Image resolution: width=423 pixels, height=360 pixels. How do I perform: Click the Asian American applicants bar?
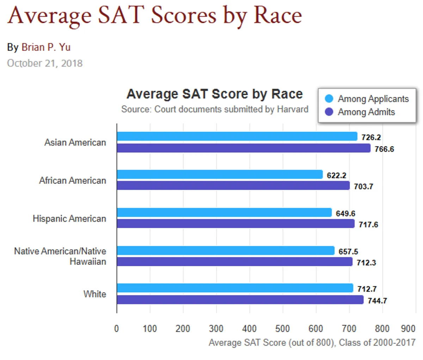[x=237, y=136]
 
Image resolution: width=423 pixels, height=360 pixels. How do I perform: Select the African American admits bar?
[x=233, y=185]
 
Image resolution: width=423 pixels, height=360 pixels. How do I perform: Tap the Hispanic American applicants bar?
[x=224, y=213]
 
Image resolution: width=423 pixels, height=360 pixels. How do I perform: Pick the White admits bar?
[x=240, y=300]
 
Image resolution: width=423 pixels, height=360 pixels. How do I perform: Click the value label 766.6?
[x=384, y=149]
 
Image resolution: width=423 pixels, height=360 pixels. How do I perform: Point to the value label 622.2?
[x=336, y=175]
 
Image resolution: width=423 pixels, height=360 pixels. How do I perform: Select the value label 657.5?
[x=348, y=251]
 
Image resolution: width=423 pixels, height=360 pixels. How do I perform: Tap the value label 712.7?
[x=367, y=289]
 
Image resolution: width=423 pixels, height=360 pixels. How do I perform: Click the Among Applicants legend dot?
[x=329, y=99]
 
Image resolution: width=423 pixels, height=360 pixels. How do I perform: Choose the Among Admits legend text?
[x=366, y=112]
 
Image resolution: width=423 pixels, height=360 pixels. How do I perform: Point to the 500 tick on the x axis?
[x=282, y=329]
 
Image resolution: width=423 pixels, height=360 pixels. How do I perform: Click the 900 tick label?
[x=408, y=329]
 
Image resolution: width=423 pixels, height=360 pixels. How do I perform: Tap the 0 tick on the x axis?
[x=117, y=329]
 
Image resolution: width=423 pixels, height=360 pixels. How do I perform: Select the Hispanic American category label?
[x=69, y=219]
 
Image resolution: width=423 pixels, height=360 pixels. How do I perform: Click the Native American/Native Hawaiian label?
[x=60, y=256]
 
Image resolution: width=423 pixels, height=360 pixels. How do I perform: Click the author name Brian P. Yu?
[x=46, y=47]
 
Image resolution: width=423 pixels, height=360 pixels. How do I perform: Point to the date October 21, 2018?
[x=45, y=63]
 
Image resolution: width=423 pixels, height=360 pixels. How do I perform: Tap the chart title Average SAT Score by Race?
[x=214, y=94]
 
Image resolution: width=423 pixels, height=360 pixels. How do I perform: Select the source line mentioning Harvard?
[x=215, y=109]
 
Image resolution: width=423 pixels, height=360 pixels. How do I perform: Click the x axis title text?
[x=312, y=342]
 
